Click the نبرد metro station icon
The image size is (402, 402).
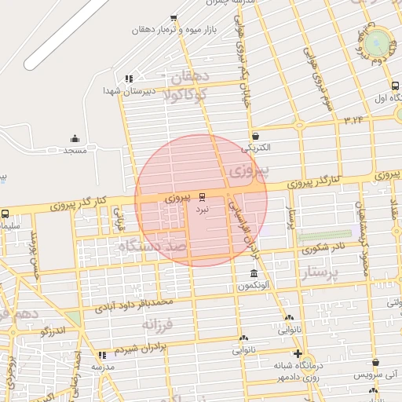tap(203, 196)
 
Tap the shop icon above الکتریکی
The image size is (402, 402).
tap(256, 135)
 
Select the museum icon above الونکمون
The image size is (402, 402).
tap(253, 273)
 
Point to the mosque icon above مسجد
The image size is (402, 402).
tap(75, 138)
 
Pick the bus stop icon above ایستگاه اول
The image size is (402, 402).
tap(395, 86)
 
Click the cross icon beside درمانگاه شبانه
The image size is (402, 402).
tap(297, 353)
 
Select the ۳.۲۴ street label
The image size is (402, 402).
tap(354, 119)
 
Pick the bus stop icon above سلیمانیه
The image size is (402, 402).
tap(5, 214)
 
